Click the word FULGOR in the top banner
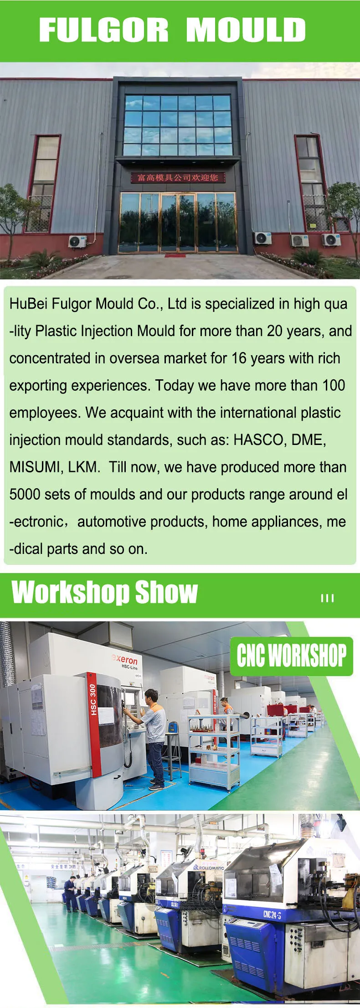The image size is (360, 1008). [x=103, y=30]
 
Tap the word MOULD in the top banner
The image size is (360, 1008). [x=246, y=30]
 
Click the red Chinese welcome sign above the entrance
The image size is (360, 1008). [x=178, y=177]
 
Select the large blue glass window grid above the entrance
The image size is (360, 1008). [x=178, y=125]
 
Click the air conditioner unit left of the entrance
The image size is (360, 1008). [x=77, y=241]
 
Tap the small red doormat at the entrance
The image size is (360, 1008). [x=175, y=255]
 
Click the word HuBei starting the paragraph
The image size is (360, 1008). [x=29, y=304]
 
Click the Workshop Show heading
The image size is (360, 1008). [x=105, y=592]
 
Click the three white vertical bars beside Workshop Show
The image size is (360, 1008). [x=327, y=598]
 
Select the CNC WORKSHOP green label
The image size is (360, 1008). [x=291, y=656]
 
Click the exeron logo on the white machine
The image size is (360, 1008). [x=124, y=660]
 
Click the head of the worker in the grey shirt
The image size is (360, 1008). [x=151, y=696]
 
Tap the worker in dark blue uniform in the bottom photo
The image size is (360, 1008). [x=71, y=894]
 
